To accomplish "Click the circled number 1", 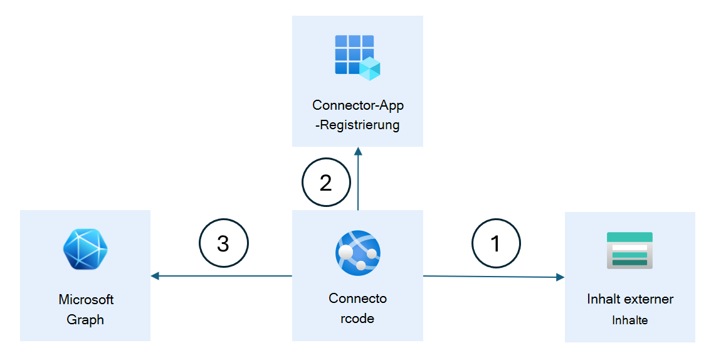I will (x=496, y=243).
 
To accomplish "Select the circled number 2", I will (x=325, y=183).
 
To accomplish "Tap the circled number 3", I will (x=223, y=243).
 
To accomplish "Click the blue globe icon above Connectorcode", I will (x=357, y=253).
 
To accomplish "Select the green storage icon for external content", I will (x=629, y=251).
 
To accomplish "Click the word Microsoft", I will (x=86, y=299).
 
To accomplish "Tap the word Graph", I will (x=85, y=320).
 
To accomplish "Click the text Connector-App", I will (x=357, y=105).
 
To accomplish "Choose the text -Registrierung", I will (x=357, y=125).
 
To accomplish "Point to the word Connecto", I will (x=357, y=298).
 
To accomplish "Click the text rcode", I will (x=357, y=318).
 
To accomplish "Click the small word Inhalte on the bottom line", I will (x=629, y=320).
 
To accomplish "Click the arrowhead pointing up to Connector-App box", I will (x=358, y=151).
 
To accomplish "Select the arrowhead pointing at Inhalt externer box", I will (x=559, y=277).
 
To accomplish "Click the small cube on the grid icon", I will (x=370, y=69).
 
